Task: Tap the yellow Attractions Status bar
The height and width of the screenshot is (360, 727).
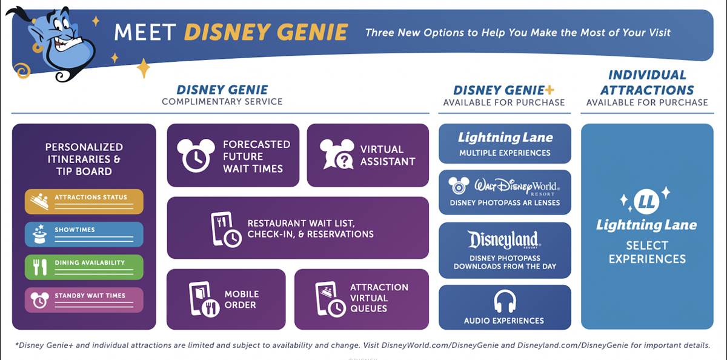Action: [x=84, y=201]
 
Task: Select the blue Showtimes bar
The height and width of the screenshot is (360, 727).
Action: [x=84, y=234]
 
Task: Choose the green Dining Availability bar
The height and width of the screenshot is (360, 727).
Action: [x=84, y=267]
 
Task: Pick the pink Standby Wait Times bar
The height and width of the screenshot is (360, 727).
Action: [x=84, y=299]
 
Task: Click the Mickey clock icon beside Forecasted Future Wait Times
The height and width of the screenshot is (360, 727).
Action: [x=196, y=155]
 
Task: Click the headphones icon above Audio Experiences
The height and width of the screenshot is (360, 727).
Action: [x=504, y=301]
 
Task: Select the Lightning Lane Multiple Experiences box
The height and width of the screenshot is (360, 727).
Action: [x=505, y=144]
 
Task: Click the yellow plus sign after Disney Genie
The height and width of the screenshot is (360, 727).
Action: [x=549, y=90]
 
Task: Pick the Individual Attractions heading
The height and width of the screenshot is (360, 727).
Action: [x=647, y=82]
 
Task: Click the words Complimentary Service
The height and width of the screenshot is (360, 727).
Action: [x=222, y=102]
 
